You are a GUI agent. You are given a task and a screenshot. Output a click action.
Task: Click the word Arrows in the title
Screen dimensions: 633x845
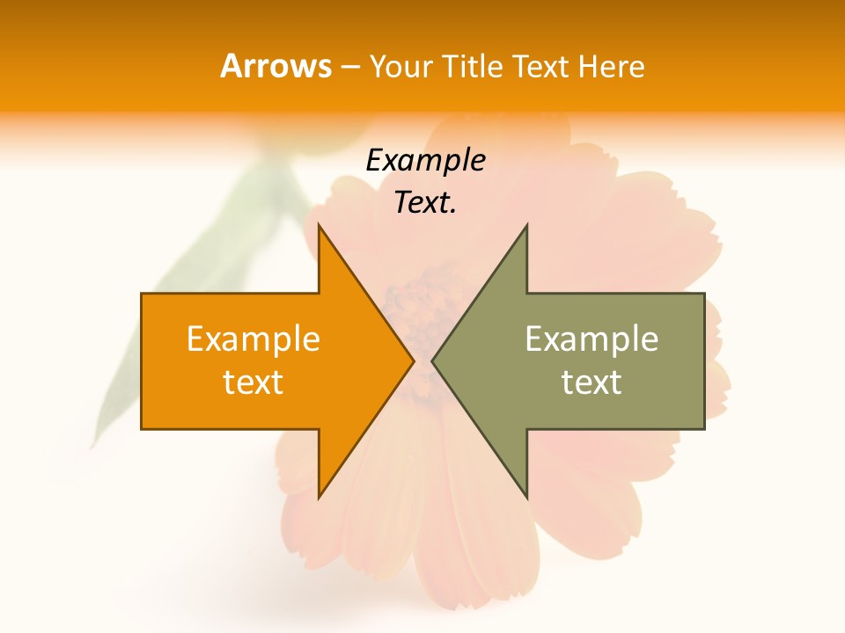click(276, 66)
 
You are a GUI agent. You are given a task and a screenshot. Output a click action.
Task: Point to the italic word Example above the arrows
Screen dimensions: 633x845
click(426, 160)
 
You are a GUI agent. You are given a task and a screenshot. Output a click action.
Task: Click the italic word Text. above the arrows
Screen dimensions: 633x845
click(426, 203)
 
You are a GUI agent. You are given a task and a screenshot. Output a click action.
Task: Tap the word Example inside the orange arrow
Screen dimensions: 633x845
click(253, 338)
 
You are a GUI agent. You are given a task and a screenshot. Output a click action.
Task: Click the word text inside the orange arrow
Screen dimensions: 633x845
click(253, 382)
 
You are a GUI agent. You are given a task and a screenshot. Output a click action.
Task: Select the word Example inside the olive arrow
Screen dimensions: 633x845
click(591, 338)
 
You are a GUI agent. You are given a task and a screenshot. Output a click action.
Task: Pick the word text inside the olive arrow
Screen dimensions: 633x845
click(591, 382)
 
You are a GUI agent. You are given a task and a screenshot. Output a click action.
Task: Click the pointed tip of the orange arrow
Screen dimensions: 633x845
click(414, 360)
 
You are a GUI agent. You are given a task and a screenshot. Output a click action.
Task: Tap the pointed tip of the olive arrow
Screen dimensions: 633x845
click(432, 360)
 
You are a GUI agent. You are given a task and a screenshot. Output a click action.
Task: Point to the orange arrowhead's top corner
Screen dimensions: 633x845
click(320, 226)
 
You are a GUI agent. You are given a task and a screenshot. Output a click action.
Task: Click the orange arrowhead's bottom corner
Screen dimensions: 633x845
click(320, 497)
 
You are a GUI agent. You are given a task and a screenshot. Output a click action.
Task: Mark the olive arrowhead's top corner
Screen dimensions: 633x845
click(526, 226)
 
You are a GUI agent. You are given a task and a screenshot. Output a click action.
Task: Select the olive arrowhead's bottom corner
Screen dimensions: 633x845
click(526, 497)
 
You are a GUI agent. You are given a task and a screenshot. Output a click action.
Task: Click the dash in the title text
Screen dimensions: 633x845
click(349, 67)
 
